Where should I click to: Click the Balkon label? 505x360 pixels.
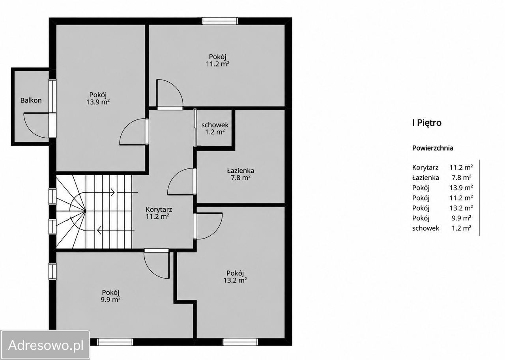click(x=31, y=100)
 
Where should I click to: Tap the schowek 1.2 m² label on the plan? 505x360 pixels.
click(x=215, y=129)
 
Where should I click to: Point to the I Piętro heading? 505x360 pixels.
click(x=427, y=123)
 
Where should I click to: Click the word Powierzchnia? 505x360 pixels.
click(x=433, y=148)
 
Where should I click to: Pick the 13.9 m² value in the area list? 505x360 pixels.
click(x=461, y=188)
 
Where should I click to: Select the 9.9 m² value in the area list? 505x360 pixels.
click(x=461, y=218)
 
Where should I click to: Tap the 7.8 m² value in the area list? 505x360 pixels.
click(x=461, y=177)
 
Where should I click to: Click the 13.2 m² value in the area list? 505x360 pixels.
click(x=461, y=208)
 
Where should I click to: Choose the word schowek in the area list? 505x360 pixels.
click(x=426, y=228)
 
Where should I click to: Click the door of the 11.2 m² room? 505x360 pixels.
click(x=170, y=93)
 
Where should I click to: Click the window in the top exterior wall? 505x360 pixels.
click(x=220, y=21)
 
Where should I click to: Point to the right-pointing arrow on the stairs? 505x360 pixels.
click(x=112, y=192)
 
